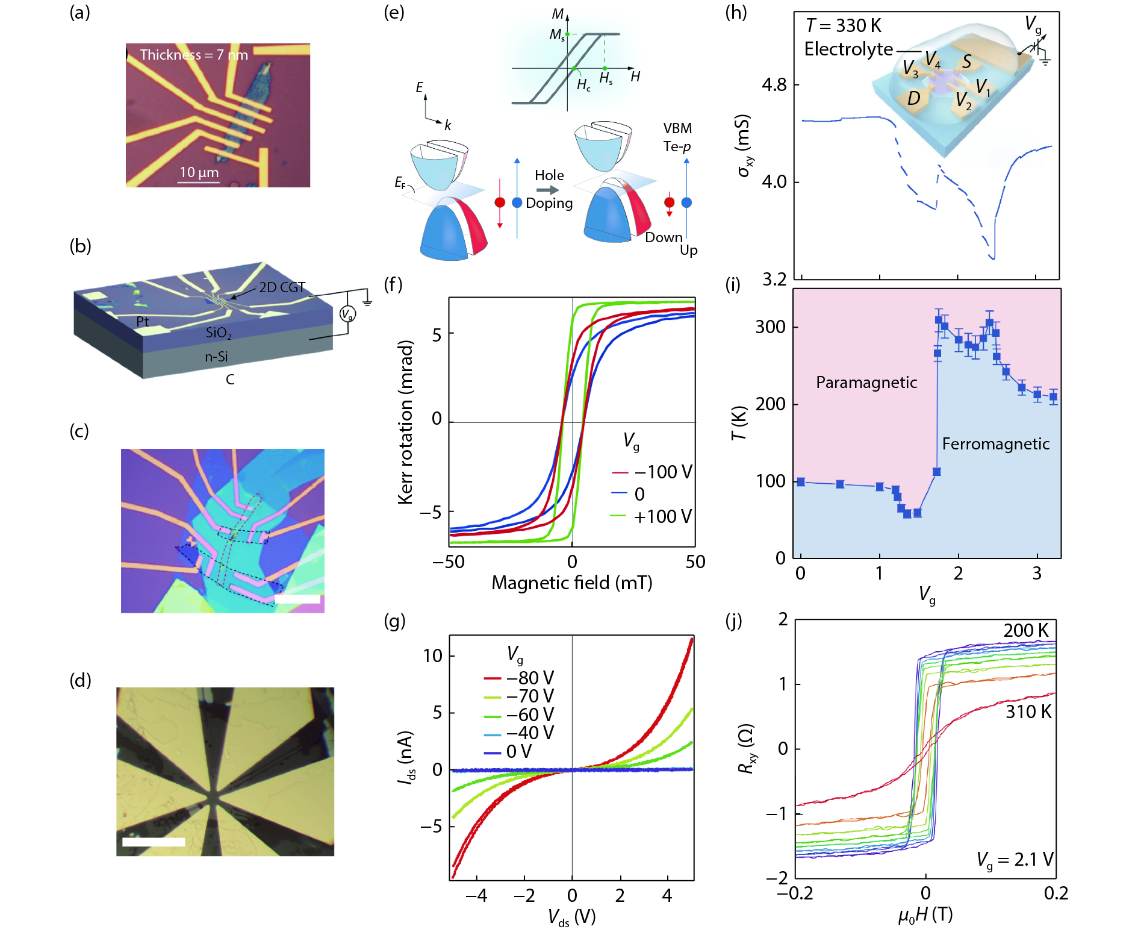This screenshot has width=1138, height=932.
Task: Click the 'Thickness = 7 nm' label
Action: pos(193,55)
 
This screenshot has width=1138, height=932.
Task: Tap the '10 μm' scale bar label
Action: pos(199,172)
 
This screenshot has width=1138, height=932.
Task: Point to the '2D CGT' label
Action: pos(282,287)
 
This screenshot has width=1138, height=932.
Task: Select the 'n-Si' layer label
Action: pos(216,357)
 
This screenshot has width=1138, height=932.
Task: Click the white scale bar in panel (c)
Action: pos(297,599)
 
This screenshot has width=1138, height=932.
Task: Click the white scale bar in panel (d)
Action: pos(154,842)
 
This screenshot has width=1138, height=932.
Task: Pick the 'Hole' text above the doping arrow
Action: pos(549,175)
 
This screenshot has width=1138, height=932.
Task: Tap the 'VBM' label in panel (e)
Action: pos(677,128)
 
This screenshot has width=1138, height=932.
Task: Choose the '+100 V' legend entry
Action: pos(662,516)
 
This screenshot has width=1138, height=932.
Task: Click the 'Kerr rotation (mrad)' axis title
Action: pos(406,422)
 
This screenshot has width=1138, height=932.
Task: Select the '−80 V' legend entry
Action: pos(529,678)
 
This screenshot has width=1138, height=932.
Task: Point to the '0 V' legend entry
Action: pos(518,751)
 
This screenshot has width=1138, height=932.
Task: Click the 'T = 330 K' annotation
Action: pos(843,26)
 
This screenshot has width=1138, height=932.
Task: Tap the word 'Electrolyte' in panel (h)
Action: pos(848,49)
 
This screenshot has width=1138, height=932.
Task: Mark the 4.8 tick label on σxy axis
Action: pos(774,85)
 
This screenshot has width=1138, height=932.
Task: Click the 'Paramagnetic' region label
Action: pos(866,383)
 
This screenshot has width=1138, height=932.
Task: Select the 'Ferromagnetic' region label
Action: pos(995,444)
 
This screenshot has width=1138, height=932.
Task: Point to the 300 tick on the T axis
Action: pos(770,327)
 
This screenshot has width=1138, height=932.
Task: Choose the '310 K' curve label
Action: pos(1028,712)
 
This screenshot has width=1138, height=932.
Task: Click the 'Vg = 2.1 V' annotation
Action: pos(1015,859)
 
